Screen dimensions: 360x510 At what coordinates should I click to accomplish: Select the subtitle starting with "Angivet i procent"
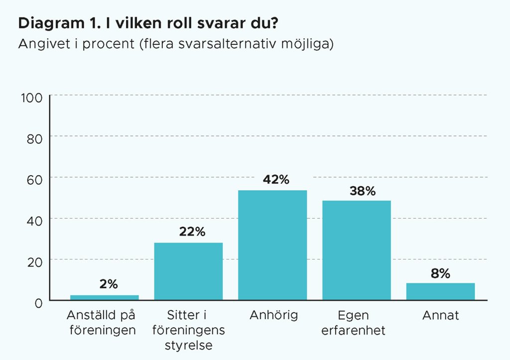click(175, 44)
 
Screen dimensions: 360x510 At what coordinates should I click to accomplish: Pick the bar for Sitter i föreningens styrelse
click(188, 271)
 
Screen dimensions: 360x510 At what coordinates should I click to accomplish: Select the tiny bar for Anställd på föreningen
click(105, 297)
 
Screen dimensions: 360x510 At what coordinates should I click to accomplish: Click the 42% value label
click(272, 180)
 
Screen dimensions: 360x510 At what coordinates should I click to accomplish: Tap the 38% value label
click(357, 191)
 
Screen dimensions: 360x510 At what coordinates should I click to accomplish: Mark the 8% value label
click(440, 273)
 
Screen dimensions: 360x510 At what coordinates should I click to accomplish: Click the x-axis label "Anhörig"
click(272, 315)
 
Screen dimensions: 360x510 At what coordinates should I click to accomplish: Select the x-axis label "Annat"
click(440, 315)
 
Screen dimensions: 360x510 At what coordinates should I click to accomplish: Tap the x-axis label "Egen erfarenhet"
click(357, 323)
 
